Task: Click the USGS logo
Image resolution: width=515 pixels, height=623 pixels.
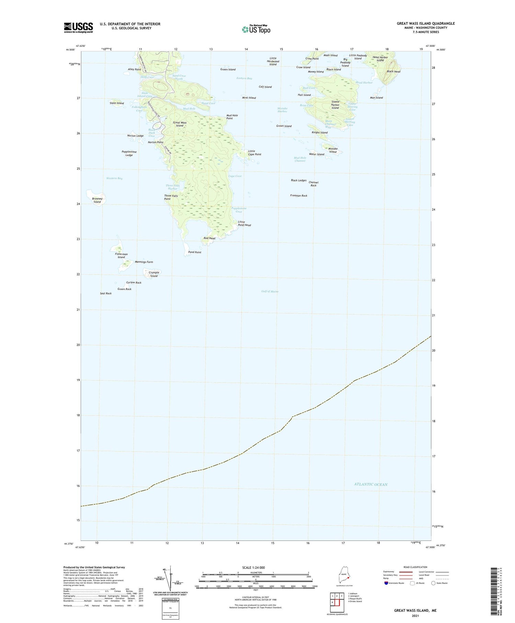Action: pyautogui.click(x=78, y=27)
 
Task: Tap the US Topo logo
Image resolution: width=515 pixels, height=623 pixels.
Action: pyautogui.click(x=256, y=29)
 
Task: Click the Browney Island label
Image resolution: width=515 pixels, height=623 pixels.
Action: pyautogui.click(x=97, y=200)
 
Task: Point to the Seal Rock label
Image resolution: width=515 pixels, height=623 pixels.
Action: pyautogui.click(x=106, y=293)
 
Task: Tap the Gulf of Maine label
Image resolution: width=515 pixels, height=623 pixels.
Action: pyautogui.click(x=270, y=291)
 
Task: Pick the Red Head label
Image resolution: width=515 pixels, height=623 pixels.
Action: pyautogui.click(x=209, y=238)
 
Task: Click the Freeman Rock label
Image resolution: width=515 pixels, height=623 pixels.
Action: pyautogui.click(x=299, y=196)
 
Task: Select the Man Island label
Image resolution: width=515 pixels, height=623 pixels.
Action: pyautogui.click(x=376, y=98)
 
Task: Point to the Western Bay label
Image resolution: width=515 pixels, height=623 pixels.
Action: pyautogui.click(x=114, y=178)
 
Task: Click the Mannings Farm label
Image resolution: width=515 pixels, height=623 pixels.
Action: pyautogui.click(x=144, y=262)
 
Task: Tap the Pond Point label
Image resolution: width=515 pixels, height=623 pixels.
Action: pyautogui.click(x=195, y=252)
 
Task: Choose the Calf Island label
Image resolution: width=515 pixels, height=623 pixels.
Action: pyautogui.click(x=265, y=87)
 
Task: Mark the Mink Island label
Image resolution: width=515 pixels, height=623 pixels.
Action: pyautogui.click(x=249, y=98)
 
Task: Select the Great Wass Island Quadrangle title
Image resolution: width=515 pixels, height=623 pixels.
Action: pyautogui.click(x=426, y=23)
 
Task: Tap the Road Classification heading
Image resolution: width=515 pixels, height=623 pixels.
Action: pyautogui.click(x=415, y=567)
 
